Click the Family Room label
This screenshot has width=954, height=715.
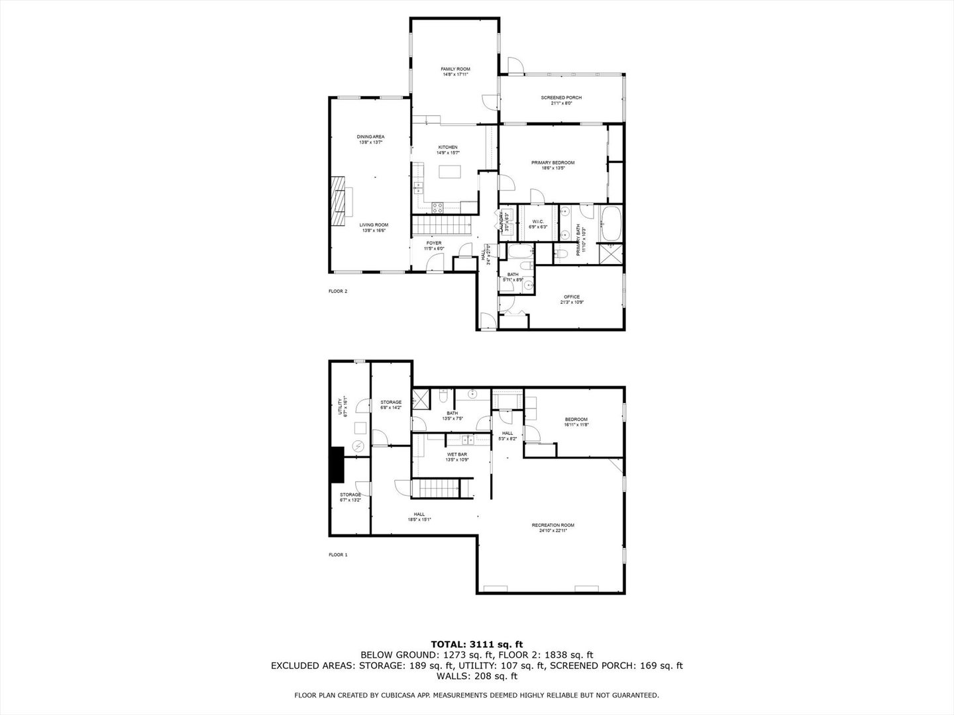[455, 69]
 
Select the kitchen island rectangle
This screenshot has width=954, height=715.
[449, 171]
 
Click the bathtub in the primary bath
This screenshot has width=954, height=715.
[610, 224]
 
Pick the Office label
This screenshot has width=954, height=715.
[571, 297]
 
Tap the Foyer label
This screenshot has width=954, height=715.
[434, 243]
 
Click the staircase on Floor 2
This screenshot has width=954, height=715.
[440, 224]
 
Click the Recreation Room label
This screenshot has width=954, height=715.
[553, 525]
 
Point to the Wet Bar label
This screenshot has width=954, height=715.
[457, 454]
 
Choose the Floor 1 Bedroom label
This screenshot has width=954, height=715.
[576, 419]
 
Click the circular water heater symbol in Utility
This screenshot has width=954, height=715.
[358, 447]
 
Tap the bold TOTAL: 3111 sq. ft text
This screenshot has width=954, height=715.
[477, 643]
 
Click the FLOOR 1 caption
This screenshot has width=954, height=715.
[338, 555]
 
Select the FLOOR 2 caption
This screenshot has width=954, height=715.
[338, 291]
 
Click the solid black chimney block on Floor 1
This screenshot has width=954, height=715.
[337, 466]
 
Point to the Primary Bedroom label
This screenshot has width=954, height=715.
[553, 162]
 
